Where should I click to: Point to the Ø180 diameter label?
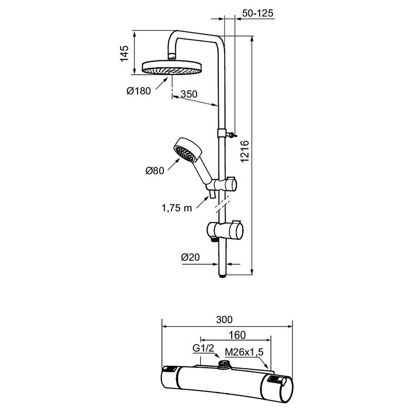click(139, 91)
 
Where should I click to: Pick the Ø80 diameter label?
click(154, 171)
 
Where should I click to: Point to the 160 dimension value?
click(237, 335)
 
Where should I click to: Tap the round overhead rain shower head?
click(172, 67)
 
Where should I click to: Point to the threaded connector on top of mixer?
click(224, 366)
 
